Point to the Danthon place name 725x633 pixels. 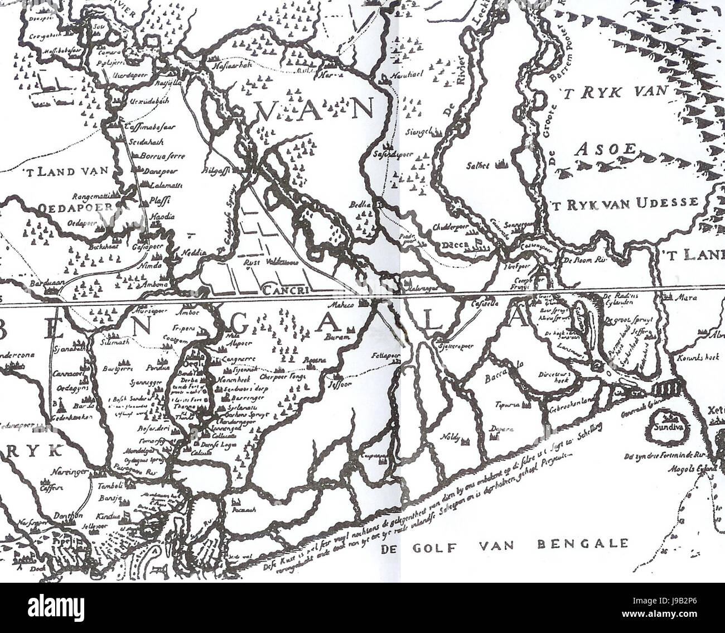[69, 516]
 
